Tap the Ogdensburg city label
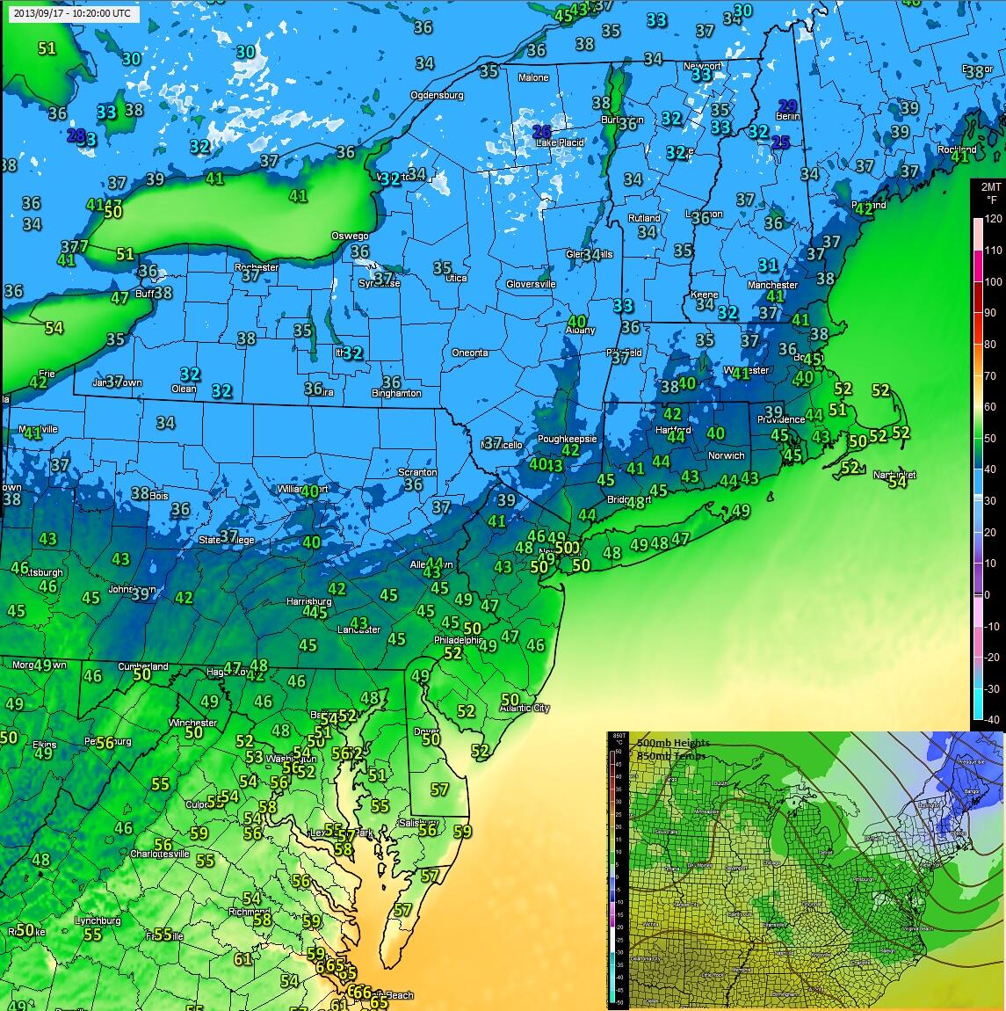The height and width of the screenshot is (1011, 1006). pyautogui.click(x=437, y=95)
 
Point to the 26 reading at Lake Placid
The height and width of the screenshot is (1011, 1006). pyautogui.click(x=543, y=131)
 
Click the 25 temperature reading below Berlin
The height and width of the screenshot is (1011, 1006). pyautogui.click(x=780, y=142)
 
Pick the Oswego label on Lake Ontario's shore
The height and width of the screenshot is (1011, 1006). pyautogui.click(x=349, y=236)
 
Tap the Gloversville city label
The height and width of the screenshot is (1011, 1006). pyautogui.click(x=531, y=284)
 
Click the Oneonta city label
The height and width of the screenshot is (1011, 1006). pyautogui.click(x=470, y=353)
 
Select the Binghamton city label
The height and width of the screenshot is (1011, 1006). pyautogui.click(x=395, y=393)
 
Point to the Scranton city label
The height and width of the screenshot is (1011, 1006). pyautogui.click(x=417, y=472)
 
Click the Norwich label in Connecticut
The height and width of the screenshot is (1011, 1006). pyautogui.click(x=726, y=455)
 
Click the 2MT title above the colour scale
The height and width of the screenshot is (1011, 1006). pyautogui.click(x=990, y=186)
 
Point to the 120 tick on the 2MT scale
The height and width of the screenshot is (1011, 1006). pyautogui.click(x=993, y=219)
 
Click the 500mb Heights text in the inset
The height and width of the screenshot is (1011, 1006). pyautogui.click(x=673, y=743)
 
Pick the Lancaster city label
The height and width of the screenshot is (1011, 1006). pyautogui.click(x=359, y=629)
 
